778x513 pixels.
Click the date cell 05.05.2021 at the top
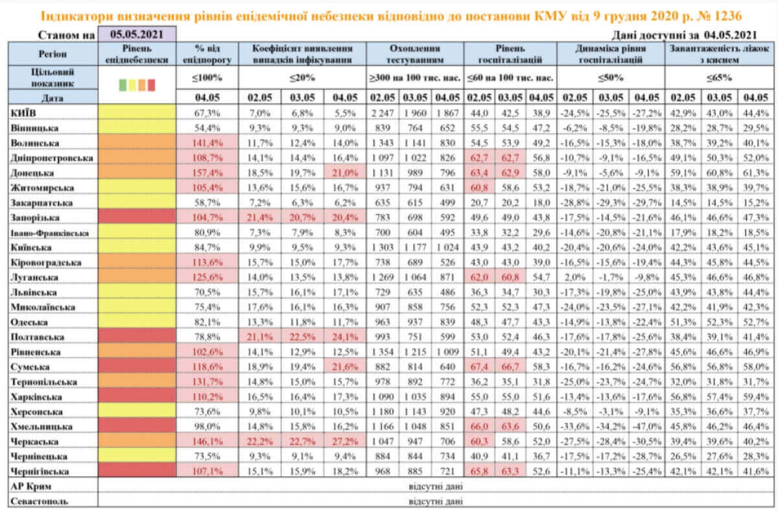(x=137, y=34)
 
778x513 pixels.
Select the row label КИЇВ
(x=23, y=113)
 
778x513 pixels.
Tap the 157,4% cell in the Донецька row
(x=207, y=173)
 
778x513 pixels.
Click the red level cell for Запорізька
(x=137, y=217)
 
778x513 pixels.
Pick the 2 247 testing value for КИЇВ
(x=382, y=113)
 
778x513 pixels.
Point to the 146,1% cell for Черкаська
(x=207, y=442)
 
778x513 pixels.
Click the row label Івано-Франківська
(x=50, y=233)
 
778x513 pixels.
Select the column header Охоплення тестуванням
(x=415, y=54)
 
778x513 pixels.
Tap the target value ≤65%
(x=719, y=78)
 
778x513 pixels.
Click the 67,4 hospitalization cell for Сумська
(x=479, y=367)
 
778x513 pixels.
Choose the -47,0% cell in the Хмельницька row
(x=647, y=427)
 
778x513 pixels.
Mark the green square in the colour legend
(x=123, y=85)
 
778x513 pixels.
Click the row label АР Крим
(x=31, y=486)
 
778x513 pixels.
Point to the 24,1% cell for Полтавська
(x=344, y=337)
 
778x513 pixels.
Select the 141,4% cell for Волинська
(x=207, y=143)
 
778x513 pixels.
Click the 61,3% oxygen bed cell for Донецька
(x=755, y=173)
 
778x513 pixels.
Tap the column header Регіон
(x=53, y=54)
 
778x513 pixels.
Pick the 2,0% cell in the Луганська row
(x=575, y=277)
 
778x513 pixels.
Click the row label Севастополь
(x=40, y=501)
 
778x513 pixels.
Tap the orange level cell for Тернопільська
(x=137, y=382)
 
